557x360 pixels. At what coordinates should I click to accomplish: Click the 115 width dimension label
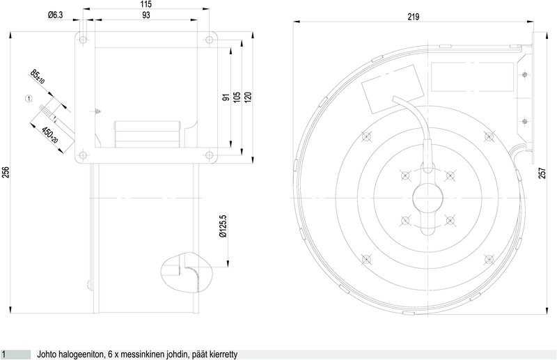(x=146, y=4)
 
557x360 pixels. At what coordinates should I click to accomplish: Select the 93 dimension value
(x=146, y=15)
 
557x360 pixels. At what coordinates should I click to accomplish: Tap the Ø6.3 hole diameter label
(x=55, y=15)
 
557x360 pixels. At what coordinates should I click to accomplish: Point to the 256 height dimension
(x=6, y=173)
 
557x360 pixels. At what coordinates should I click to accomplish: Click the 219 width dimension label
(x=414, y=17)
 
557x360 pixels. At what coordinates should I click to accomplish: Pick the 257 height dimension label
(x=542, y=173)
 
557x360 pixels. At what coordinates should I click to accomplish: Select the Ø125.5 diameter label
(x=223, y=226)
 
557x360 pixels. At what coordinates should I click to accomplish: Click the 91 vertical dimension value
(x=226, y=97)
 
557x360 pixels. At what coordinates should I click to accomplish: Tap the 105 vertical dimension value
(x=237, y=97)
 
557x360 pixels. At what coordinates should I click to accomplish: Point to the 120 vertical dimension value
(x=248, y=97)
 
